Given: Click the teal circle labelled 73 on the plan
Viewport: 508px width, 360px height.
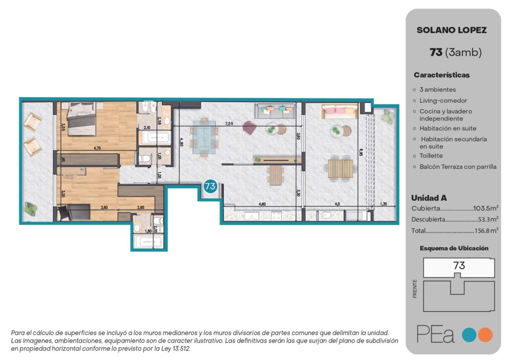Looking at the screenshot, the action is pyautogui.click(x=210, y=187).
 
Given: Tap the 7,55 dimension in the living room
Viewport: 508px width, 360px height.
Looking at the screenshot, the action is pyautogui.click(x=229, y=123).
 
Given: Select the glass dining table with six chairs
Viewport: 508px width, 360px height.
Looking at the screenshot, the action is pyautogui.click(x=204, y=137).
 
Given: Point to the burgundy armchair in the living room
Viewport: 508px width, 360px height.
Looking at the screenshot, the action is pyautogui.click(x=250, y=128).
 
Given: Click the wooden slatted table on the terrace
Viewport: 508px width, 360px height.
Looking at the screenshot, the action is pyautogui.click(x=340, y=169).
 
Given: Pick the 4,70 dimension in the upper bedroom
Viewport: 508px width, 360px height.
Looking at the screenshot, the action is pyautogui.click(x=97, y=148).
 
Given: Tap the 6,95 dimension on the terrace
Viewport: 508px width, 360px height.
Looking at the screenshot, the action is pyautogui.click(x=361, y=152).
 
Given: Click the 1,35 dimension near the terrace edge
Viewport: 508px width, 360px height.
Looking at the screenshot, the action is pyautogui.click(x=383, y=204).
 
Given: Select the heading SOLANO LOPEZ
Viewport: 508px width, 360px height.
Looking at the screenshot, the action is pyautogui.click(x=451, y=30).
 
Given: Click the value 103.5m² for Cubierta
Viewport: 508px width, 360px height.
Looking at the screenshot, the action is pyautogui.click(x=486, y=208).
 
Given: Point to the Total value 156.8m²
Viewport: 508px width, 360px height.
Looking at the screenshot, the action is pyautogui.click(x=486, y=230).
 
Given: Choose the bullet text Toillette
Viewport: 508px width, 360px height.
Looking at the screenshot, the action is pyautogui.click(x=431, y=156).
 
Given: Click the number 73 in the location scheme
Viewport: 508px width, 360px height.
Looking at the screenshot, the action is pyautogui.click(x=459, y=266).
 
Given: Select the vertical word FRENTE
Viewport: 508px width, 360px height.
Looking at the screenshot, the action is pyautogui.click(x=415, y=288).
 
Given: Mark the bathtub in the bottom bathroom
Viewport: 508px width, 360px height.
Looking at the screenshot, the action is pyautogui.click(x=148, y=242).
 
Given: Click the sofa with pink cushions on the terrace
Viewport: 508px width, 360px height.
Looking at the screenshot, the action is pyautogui.click(x=339, y=111).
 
